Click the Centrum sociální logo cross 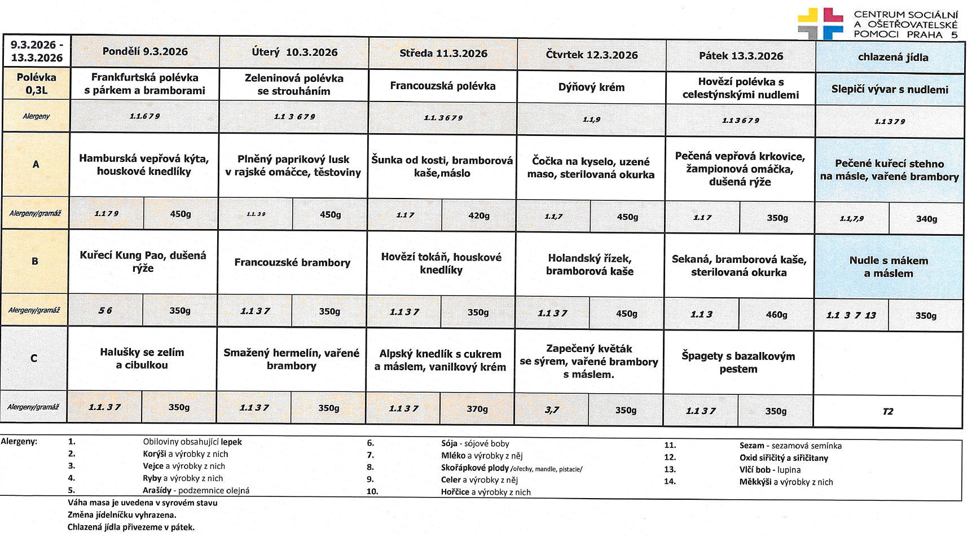[x=820, y=24]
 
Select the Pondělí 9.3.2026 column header [x=145, y=51]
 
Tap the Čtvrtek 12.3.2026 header [x=591, y=55]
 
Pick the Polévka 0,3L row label [x=37, y=83]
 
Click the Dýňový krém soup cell [x=591, y=87]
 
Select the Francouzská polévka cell [x=442, y=86]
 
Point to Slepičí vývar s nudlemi [x=889, y=89]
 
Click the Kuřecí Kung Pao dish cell [x=143, y=262]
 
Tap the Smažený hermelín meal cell [x=291, y=359]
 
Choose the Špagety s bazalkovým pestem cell [x=738, y=362]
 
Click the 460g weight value [x=776, y=315]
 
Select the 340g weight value [x=926, y=219]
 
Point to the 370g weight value [x=477, y=409]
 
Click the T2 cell [x=887, y=411]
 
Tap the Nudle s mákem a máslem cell [x=889, y=267]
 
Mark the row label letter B [x=35, y=261]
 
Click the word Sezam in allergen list [x=751, y=446]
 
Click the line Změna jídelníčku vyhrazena [x=122, y=514]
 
